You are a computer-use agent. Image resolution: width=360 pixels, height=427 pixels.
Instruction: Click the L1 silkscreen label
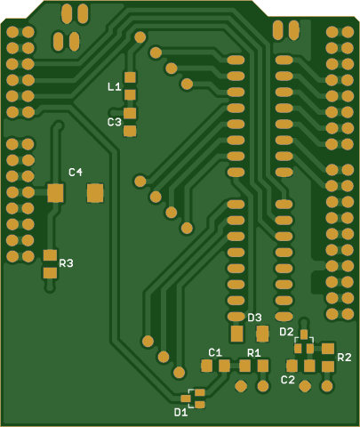[115, 87]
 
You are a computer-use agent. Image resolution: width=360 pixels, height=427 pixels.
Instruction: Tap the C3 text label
[115, 122]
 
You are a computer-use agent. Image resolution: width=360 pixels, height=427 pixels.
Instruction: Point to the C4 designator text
[76, 172]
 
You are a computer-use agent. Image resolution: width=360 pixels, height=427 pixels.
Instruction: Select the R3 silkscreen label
[66, 263]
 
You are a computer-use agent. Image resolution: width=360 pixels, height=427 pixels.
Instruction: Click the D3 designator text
[254, 318]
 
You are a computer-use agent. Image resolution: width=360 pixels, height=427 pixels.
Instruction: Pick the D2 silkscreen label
[286, 332]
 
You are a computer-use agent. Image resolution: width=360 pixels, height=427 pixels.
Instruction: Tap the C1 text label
[215, 352]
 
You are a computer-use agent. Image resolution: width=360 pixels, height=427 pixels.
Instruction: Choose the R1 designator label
[254, 352]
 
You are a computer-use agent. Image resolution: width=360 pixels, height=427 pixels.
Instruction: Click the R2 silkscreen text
[344, 358]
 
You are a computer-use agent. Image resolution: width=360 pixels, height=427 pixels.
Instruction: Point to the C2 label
[288, 380]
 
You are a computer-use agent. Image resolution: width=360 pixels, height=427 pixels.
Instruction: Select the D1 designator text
[180, 412]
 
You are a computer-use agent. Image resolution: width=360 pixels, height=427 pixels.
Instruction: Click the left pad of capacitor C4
[55, 193]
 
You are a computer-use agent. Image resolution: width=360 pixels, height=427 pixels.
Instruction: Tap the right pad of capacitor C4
[95, 193]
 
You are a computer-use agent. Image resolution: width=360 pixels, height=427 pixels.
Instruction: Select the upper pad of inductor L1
[130, 77]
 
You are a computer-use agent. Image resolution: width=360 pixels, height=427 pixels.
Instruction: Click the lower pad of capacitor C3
[130, 131]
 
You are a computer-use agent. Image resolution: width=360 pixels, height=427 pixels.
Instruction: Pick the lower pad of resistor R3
[51, 273]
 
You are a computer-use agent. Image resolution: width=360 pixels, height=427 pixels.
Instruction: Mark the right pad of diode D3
[262, 334]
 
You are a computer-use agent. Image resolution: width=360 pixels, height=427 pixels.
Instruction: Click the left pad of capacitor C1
[206, 366]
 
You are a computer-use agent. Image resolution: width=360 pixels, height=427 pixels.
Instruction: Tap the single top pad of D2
[304, 334]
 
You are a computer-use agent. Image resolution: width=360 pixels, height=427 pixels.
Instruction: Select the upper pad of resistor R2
[328, 349]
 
